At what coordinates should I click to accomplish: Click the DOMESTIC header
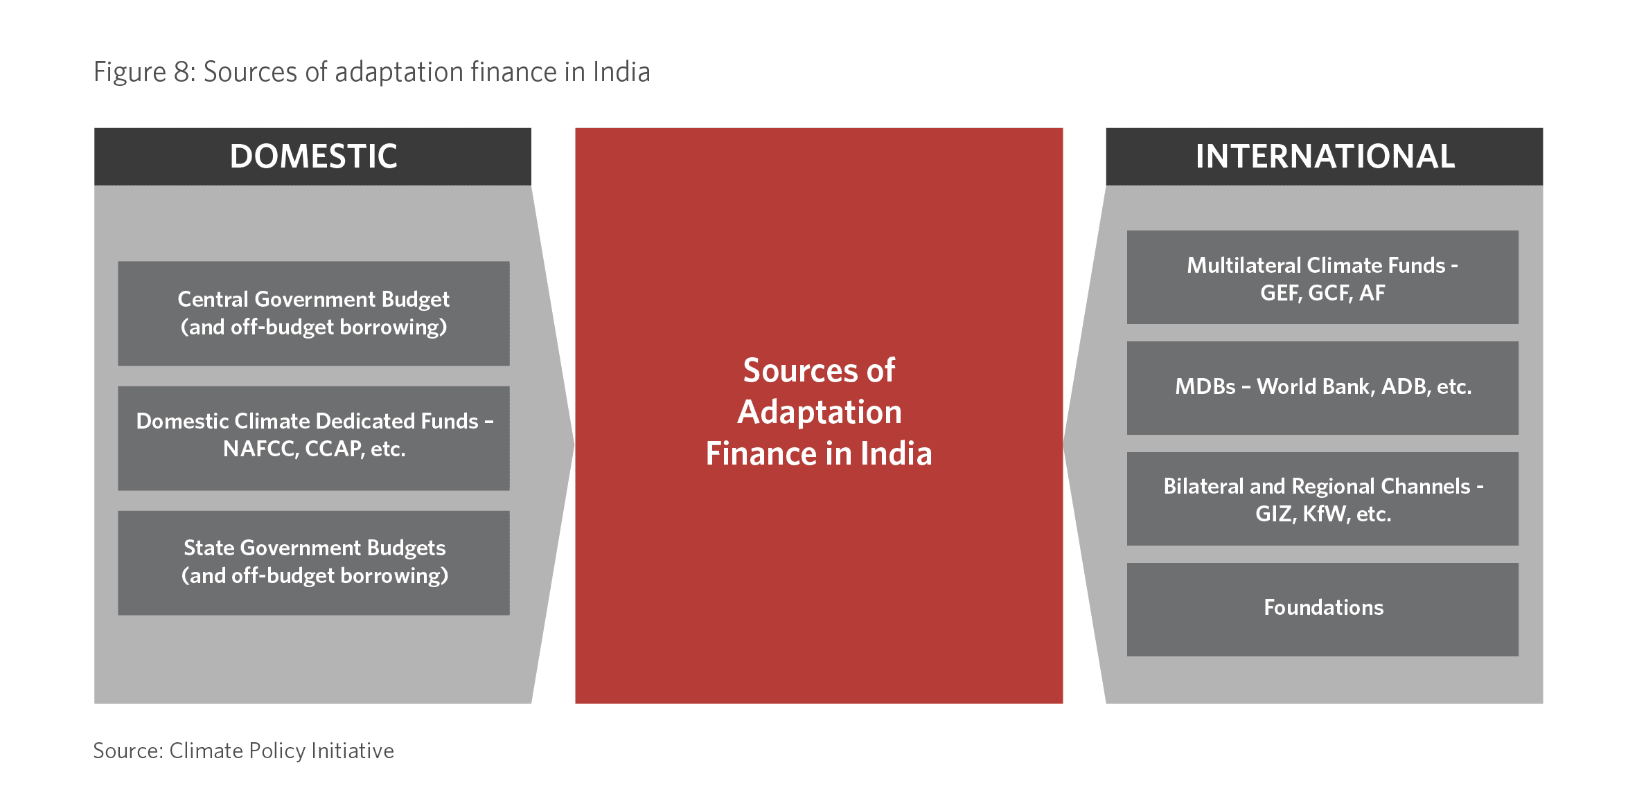click(x=313, y=156)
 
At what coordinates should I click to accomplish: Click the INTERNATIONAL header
click(x=1324, y=156)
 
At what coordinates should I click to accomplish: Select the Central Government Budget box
click(x=314, y=313)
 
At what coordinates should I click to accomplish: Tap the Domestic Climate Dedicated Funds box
click(x=314, y=438)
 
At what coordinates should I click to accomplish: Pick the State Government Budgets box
click(x=314, y=563)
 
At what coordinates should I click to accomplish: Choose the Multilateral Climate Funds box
click(x=1322, y=277)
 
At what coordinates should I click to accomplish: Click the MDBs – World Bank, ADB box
click(x=1322, y=388)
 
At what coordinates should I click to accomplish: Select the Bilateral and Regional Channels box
click(x=1322, y=499)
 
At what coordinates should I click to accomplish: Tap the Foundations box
click(x=1322, y=609)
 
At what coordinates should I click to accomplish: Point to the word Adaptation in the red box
click(x=820, y=413)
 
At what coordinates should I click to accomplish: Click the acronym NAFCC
click(x=260, y=449)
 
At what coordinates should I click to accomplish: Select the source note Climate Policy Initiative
click(x=281, y=751)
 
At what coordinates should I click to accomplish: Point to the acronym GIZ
click(x=1275, y=514)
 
